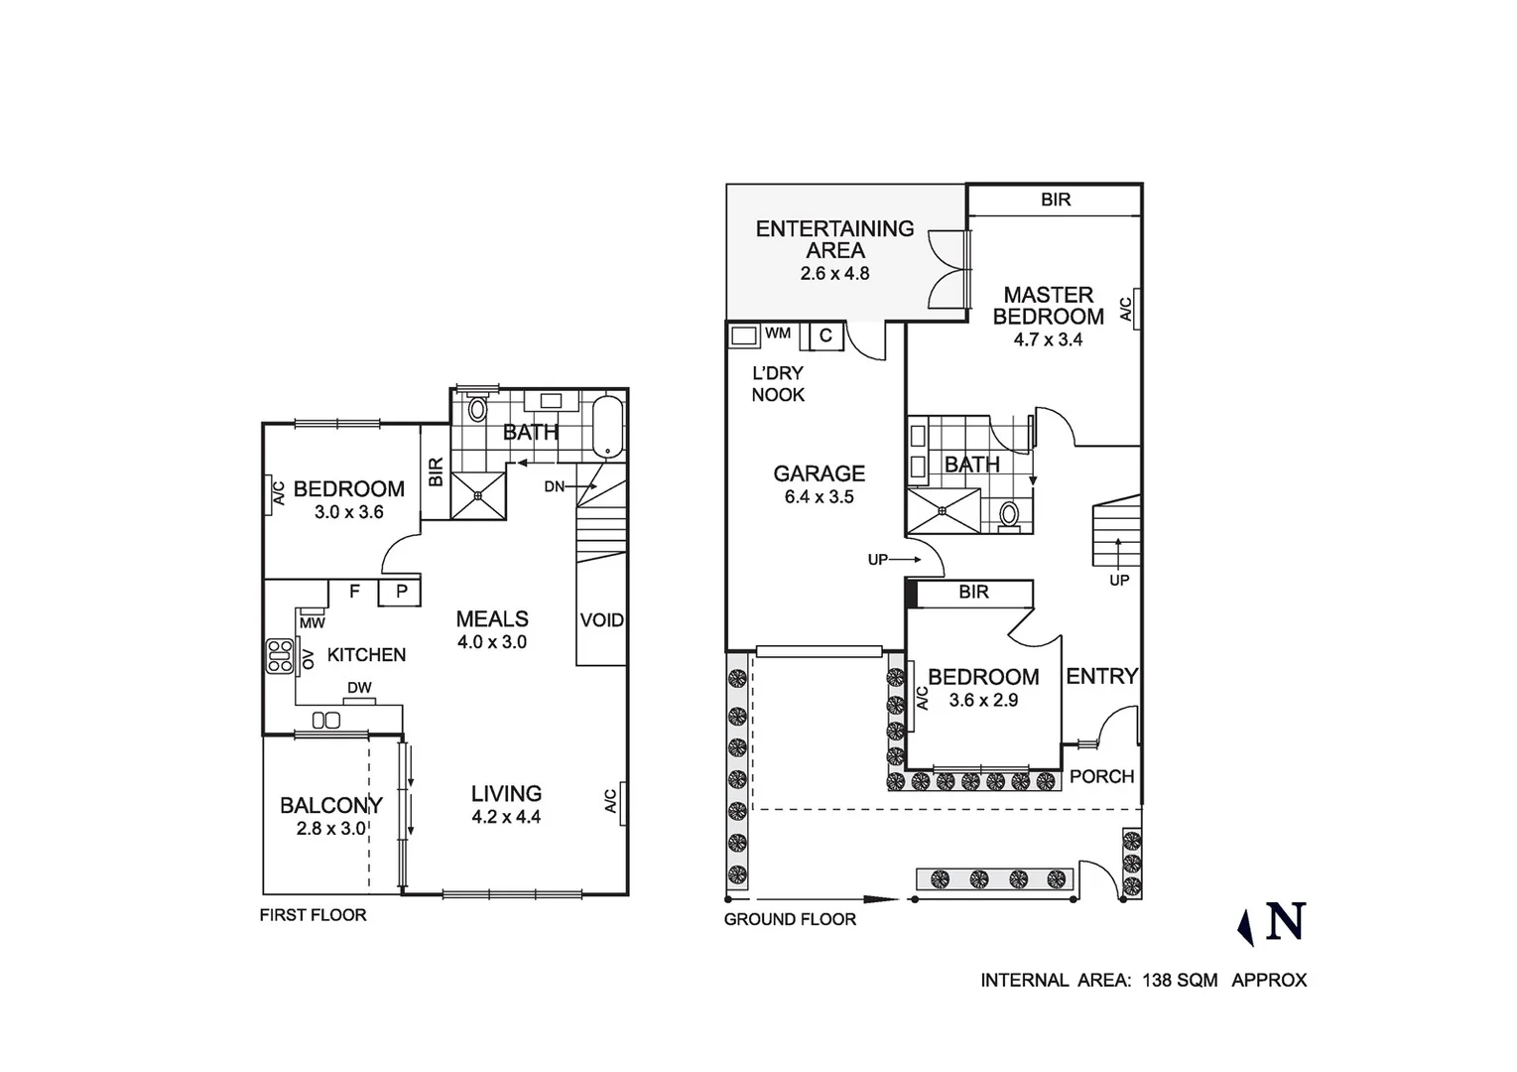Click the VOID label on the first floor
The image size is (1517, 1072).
601,620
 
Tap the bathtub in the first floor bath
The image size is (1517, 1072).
607,428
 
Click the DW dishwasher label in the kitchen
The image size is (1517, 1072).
359,688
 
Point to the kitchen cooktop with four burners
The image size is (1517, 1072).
279,657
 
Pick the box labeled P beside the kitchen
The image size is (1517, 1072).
402,593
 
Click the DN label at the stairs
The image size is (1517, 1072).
555,486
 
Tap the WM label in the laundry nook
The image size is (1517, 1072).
778,334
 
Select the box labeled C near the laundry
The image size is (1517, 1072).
825,336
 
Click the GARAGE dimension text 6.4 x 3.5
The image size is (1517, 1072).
819,497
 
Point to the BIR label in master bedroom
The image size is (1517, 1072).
1056,200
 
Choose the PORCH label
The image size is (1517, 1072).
1101,776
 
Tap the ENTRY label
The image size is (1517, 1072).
1101,676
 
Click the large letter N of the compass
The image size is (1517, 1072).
1285,922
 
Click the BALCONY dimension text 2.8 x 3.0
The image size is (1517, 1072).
331,828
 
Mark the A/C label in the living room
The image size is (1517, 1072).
611,800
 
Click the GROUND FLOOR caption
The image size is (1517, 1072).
790,919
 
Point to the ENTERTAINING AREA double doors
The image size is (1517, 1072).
948,268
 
